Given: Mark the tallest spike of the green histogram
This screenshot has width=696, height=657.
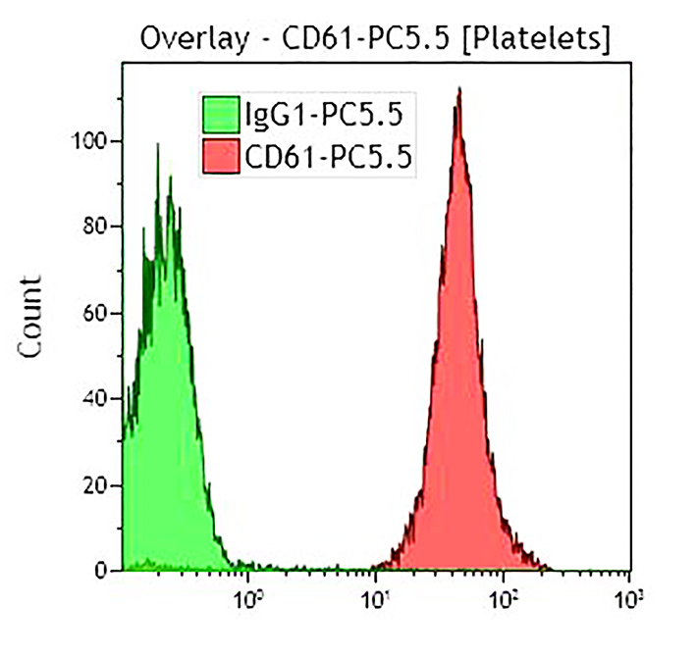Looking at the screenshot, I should (x=157, y=144).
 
